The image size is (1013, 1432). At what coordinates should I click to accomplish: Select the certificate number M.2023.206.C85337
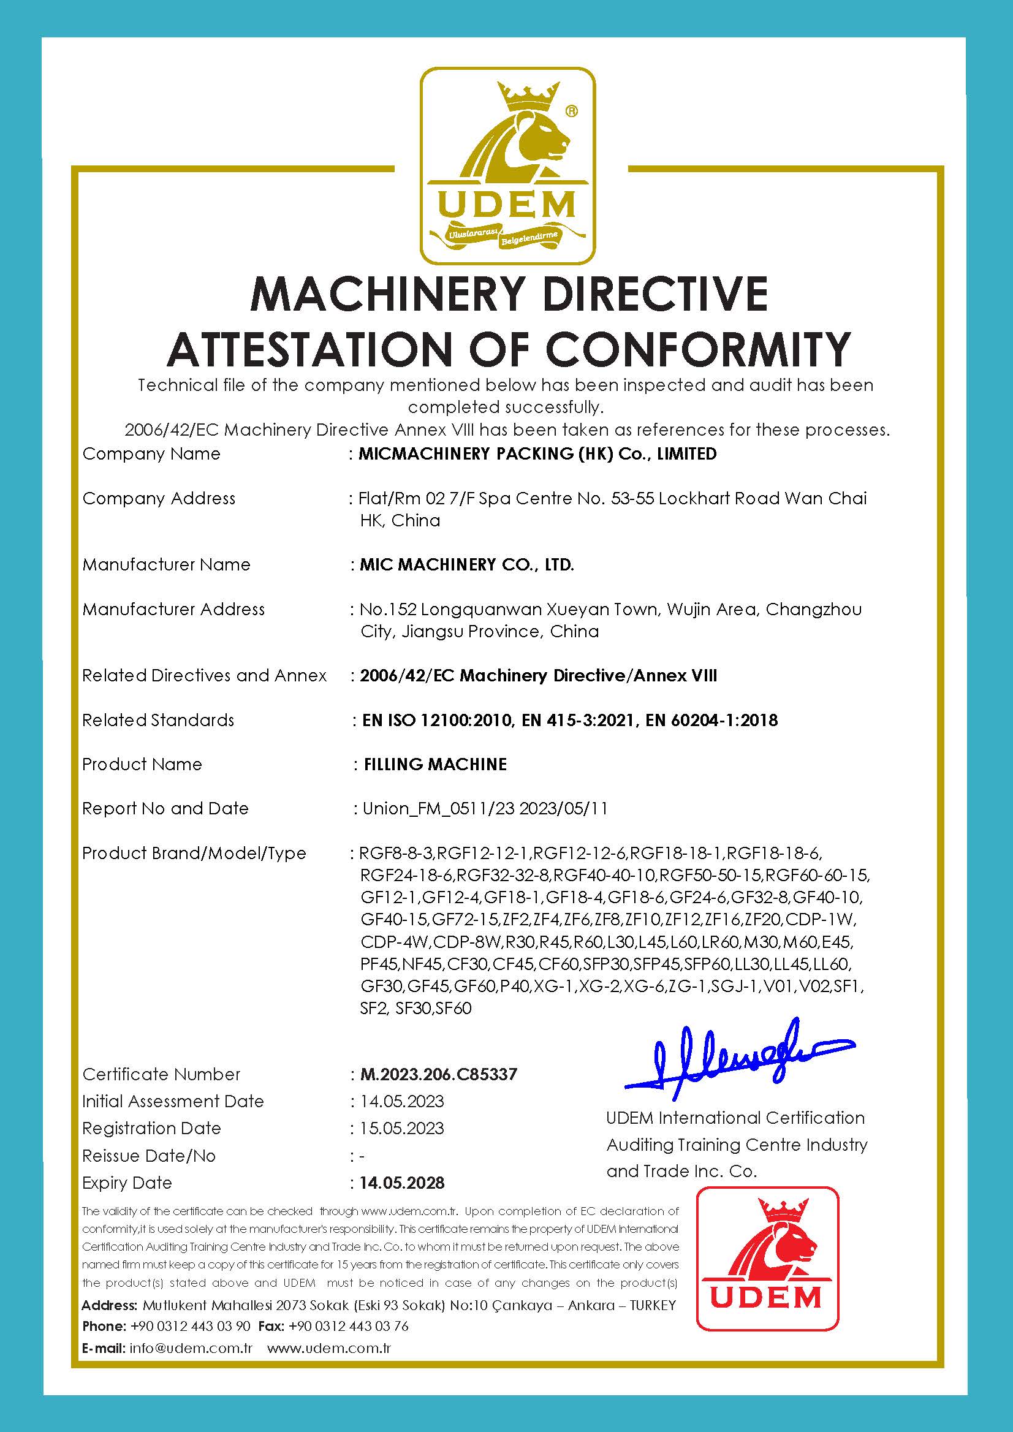[439, 1074]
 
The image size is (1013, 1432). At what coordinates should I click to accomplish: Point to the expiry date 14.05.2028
[402, 1183]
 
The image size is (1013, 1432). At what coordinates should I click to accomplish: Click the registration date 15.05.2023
[402, 1128]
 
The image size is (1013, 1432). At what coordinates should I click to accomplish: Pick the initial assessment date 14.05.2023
[402, 1101]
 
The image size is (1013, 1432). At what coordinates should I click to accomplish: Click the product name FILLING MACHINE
[434, 764]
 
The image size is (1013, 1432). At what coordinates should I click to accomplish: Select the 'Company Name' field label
[151, 453]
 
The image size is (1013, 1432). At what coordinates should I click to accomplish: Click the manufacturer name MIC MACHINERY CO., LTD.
[466, 564]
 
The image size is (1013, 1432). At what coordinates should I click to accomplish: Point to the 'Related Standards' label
[158, 720]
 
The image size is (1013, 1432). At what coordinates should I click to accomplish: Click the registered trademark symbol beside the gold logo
[571, 111]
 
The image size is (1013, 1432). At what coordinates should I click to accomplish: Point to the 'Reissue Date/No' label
[148, 1156]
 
